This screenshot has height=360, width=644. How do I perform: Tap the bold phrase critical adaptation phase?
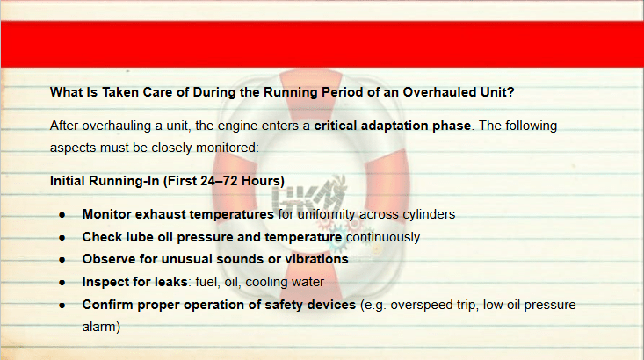(x=392, y=126)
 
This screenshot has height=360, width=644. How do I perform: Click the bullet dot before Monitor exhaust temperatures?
(x=62, y=215)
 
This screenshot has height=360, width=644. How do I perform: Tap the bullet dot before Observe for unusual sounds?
(x=62, y=260)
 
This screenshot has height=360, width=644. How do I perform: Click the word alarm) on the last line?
(x=101, y=327)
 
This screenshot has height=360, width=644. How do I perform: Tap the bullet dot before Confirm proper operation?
(x=62, y=306)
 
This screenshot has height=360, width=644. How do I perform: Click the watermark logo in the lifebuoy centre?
(x=309, y=196)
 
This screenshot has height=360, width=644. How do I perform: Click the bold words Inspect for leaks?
(x=134, y=282)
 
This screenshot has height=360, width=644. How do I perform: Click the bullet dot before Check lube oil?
(x=62, y=238)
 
